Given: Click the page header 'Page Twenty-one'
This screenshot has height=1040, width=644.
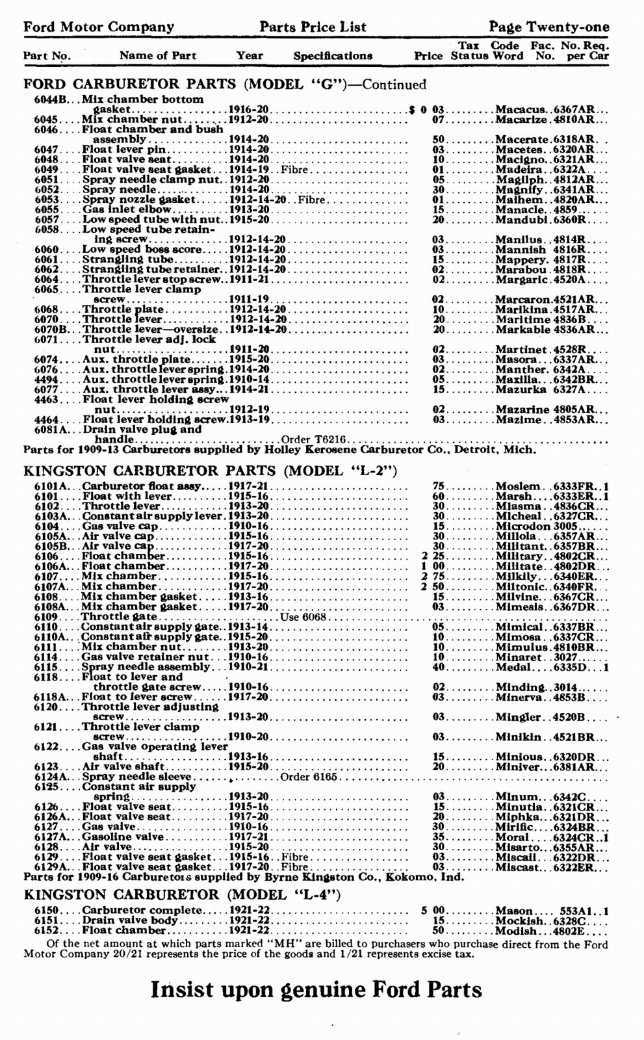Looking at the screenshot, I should [549, 27].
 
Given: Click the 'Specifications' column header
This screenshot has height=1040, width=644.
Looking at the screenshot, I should [333, 56].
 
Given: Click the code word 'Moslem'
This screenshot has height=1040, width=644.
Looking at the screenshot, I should [517, 486].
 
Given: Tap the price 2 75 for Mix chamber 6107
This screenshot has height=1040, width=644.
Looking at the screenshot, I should [431, 576].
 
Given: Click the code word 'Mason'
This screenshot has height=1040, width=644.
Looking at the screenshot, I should [513, 911].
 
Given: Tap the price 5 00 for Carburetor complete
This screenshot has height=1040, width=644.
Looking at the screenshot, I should [431, 911].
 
